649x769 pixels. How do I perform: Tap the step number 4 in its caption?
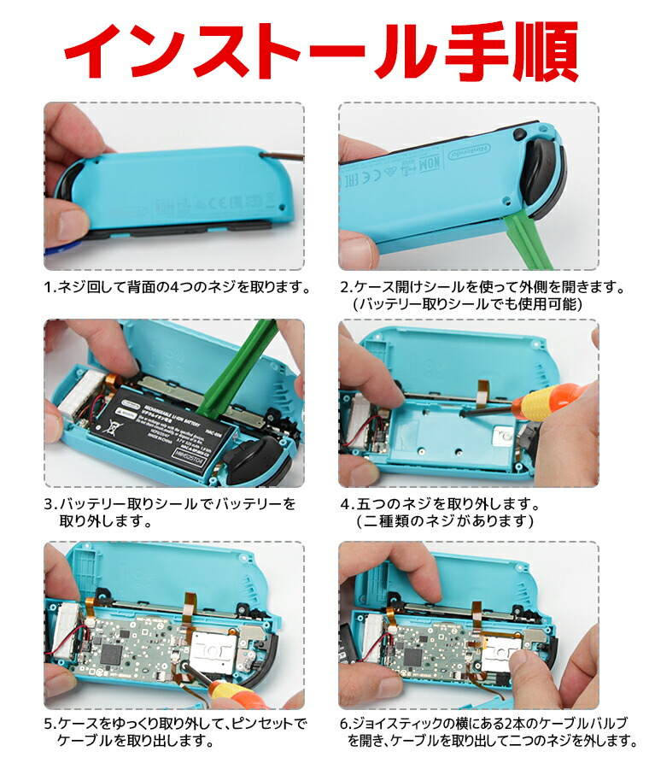346,504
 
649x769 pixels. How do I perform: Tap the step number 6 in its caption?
345,724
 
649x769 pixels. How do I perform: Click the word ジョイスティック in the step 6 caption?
402,724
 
